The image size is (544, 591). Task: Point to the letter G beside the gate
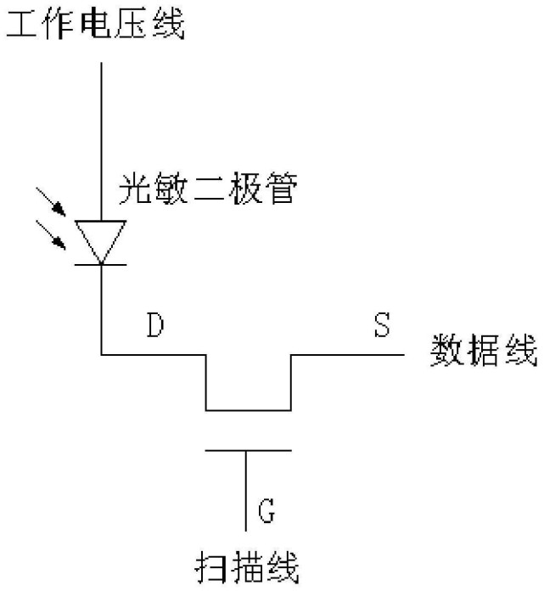tap(266, 511)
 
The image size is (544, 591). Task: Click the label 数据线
tap(485, 352)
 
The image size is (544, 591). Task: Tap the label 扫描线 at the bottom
tap(246, 567)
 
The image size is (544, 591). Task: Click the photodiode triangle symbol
tap(102, 238)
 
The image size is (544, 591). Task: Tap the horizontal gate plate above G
tap(248, 450)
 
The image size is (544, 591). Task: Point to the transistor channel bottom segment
tap(248, 409)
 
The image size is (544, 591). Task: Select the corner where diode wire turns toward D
tap(102, 354)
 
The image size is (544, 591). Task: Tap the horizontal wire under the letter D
tap(154, 354)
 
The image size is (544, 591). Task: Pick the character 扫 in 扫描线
tap(210, 567)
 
